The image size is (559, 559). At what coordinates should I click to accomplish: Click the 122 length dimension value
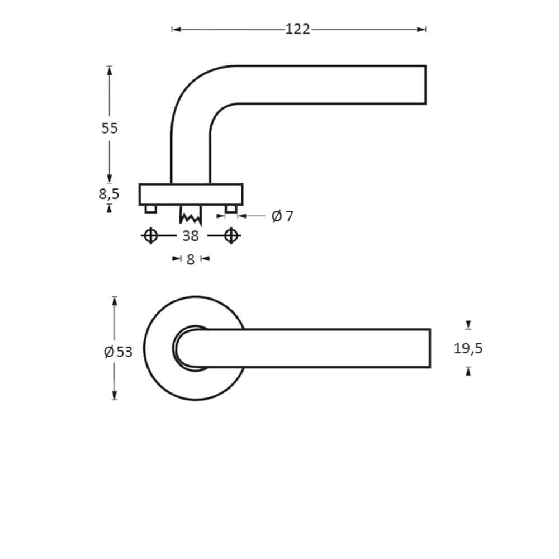(x=297, y=30)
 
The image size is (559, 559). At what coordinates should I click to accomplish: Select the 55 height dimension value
(x=110, y=128)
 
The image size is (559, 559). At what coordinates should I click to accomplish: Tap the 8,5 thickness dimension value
(x=108, y=194)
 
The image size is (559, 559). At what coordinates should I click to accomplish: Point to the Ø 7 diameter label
(x=282, y=216)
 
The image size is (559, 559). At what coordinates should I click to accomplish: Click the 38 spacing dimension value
(x=191, y=236)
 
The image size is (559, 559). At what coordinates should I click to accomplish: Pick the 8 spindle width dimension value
(x=191, y=259)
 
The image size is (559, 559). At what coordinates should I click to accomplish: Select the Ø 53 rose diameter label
(x=119, y=352)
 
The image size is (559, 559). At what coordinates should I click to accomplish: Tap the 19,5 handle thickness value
(x=468, y=349)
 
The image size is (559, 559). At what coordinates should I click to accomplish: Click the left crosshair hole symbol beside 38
(x=150, y=236)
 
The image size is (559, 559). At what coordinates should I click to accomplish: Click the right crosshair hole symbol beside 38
(x=231, y=236)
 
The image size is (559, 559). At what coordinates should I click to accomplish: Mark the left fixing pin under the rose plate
(x=150, y=209)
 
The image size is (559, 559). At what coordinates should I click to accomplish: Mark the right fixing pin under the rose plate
(x=231, y=209)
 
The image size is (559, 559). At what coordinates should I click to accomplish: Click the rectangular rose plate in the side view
(x=191, y=195)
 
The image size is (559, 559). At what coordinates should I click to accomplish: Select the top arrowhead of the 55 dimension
(x=109, y=70)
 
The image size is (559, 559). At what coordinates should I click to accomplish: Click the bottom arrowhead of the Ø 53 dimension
(x=115, y=396)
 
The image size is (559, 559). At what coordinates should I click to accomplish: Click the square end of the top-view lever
(x=429, y=348)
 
